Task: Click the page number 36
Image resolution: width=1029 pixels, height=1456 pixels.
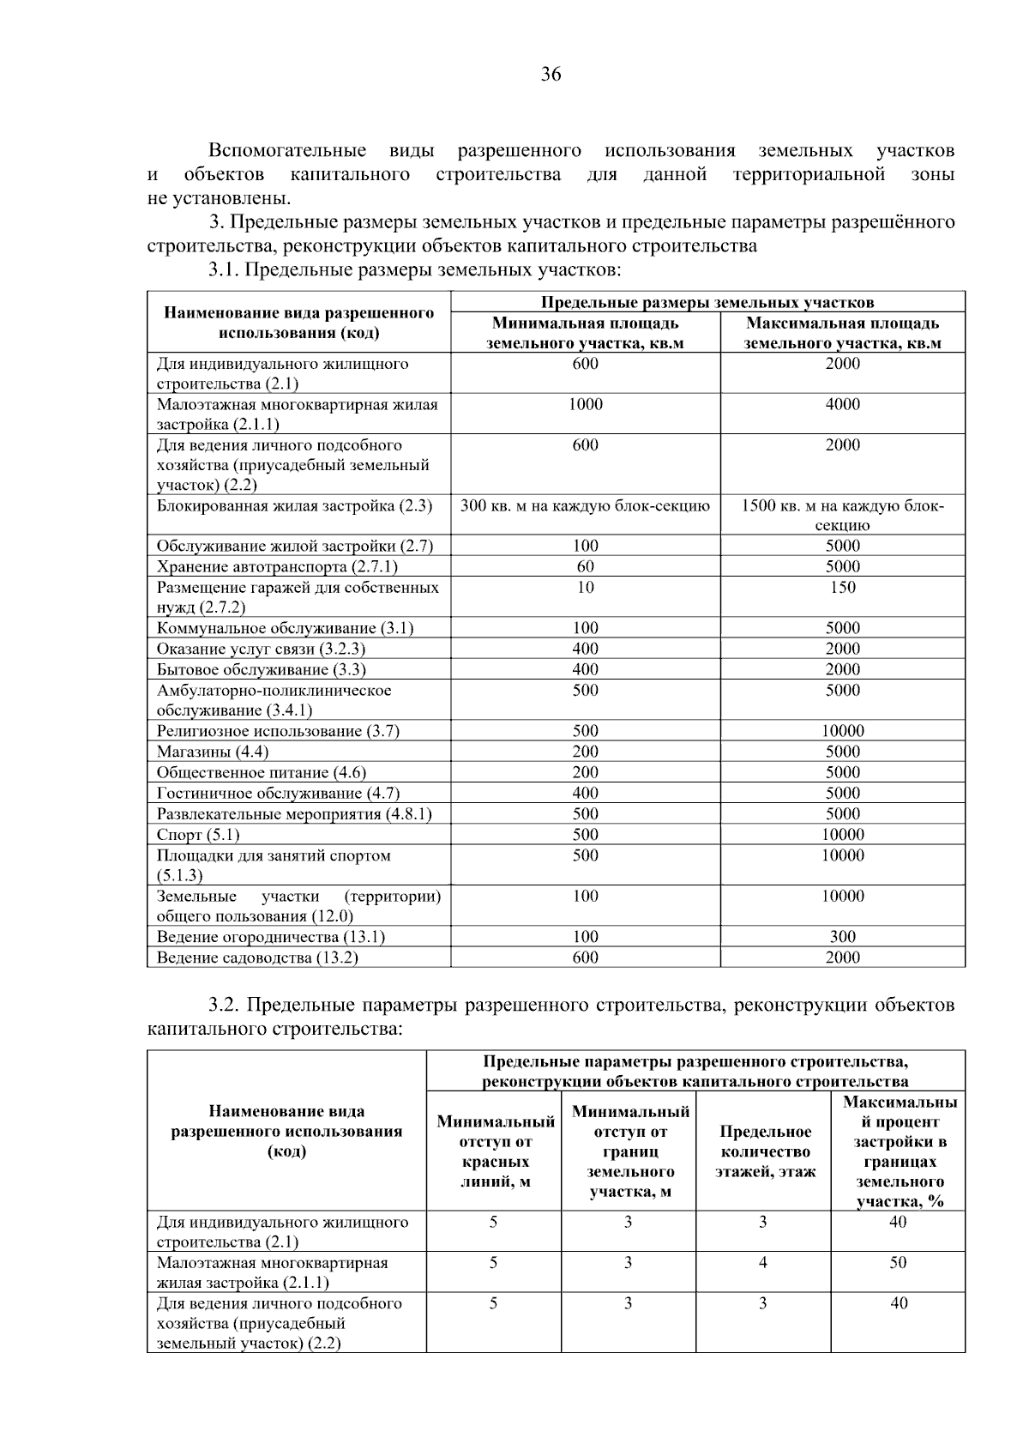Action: click(551, 75)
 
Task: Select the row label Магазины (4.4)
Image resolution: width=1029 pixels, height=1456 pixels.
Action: click(212, 752)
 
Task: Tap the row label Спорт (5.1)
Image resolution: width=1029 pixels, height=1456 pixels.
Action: click(198, 835)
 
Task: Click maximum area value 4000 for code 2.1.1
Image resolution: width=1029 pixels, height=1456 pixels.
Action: click(842, 404)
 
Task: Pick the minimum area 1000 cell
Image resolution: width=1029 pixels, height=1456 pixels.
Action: click(586, 404)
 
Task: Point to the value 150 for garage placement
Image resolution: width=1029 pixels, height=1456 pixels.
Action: click(842, 588)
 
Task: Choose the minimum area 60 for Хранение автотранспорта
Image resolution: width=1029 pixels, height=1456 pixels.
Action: click(586, 566)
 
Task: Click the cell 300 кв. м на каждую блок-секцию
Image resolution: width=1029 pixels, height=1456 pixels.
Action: click(586, 506)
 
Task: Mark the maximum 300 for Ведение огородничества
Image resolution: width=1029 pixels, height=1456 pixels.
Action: click(842, 937)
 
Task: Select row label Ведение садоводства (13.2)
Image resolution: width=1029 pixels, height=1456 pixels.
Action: click(257, 958)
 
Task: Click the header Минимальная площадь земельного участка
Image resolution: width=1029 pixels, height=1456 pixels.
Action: click(586, 333)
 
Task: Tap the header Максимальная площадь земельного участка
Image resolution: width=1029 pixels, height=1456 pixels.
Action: click(842, 333)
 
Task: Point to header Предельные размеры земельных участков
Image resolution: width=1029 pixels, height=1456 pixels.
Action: click(707, 302)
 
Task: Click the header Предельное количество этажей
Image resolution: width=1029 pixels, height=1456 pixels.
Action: click(765, 1151)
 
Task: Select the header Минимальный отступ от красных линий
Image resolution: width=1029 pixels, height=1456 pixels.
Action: click(496, 1151)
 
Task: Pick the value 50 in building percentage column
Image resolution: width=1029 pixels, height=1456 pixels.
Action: click(898, 1263)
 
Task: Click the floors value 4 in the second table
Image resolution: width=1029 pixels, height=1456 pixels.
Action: click(763, 1263)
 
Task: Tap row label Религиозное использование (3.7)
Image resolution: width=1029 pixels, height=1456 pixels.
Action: click(278, 731)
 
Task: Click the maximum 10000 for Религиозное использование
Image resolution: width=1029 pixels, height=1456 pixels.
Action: click(842, 731)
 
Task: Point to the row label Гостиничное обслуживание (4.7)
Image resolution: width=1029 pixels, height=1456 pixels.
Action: click(278, 794)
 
